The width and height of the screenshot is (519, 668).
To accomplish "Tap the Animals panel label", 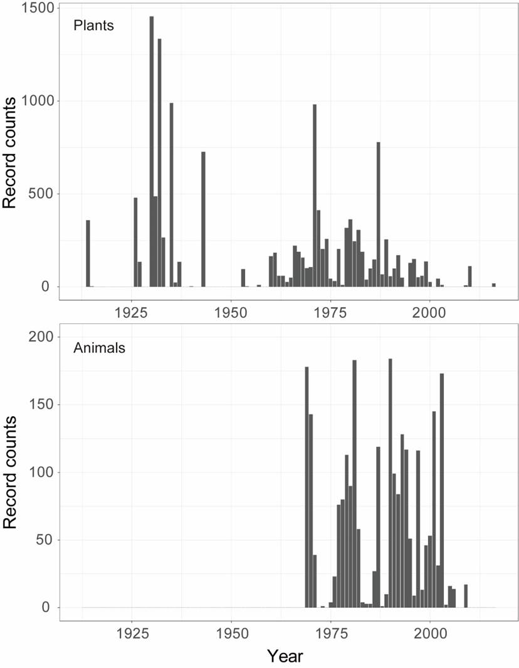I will click(99, 347).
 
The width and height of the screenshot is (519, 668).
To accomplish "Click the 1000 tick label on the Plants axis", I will click(39, 101).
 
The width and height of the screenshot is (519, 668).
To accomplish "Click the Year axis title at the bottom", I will click(285, 656).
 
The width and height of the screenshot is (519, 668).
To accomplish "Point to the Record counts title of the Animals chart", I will click(14, 472).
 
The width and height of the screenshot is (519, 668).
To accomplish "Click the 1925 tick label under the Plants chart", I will click(131, 311).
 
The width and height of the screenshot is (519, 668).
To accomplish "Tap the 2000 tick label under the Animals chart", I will click(430, 632).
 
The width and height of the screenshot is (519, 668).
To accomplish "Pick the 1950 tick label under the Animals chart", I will click(231, 632).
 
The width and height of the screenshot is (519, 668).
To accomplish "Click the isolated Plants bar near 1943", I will click(203, 219).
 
